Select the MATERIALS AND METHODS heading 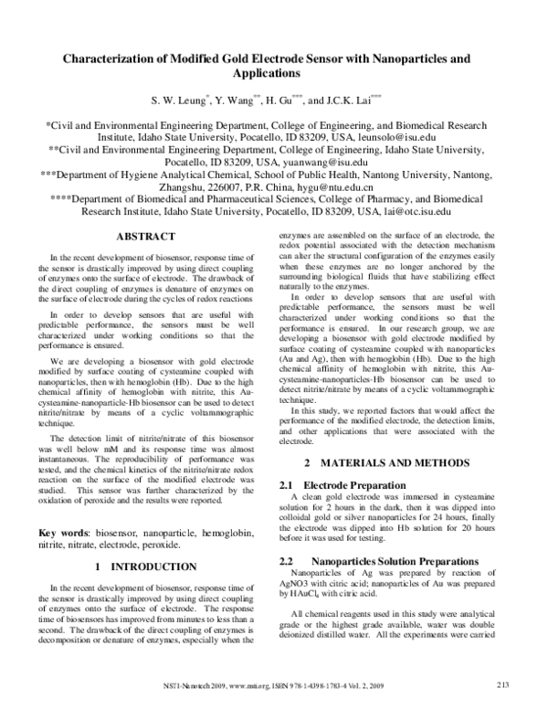[x=397, y=463]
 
